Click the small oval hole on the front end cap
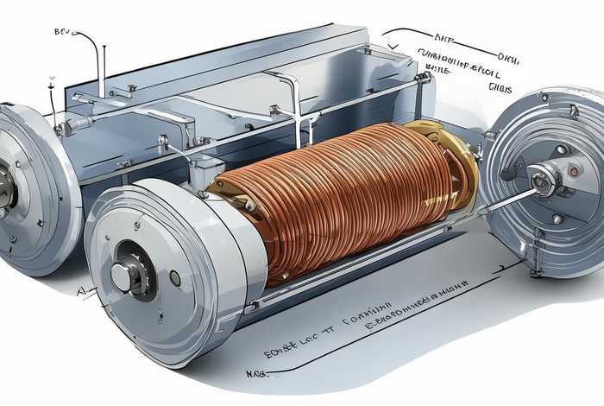tap(175, 278)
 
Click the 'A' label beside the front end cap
tap(80, 293)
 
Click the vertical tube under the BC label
tap(101, 65)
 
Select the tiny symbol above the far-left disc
tap(51, 80)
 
